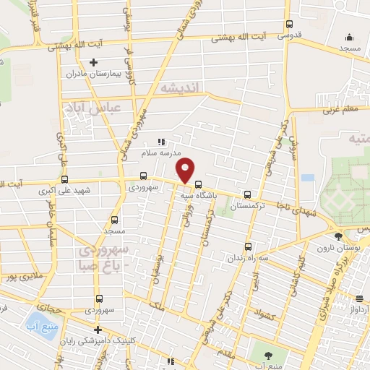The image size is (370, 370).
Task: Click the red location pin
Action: tap(186, 170)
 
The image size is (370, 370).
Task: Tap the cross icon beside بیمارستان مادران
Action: tap(93, 63)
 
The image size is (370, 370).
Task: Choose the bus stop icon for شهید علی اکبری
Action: tap(65, 179)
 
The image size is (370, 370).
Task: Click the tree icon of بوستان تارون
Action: tap(337, 236)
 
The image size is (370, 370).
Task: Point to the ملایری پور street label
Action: tap(19, 277)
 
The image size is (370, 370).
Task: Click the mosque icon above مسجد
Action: tap(349, 38)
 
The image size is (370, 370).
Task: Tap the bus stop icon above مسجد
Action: tap(114, 220)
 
